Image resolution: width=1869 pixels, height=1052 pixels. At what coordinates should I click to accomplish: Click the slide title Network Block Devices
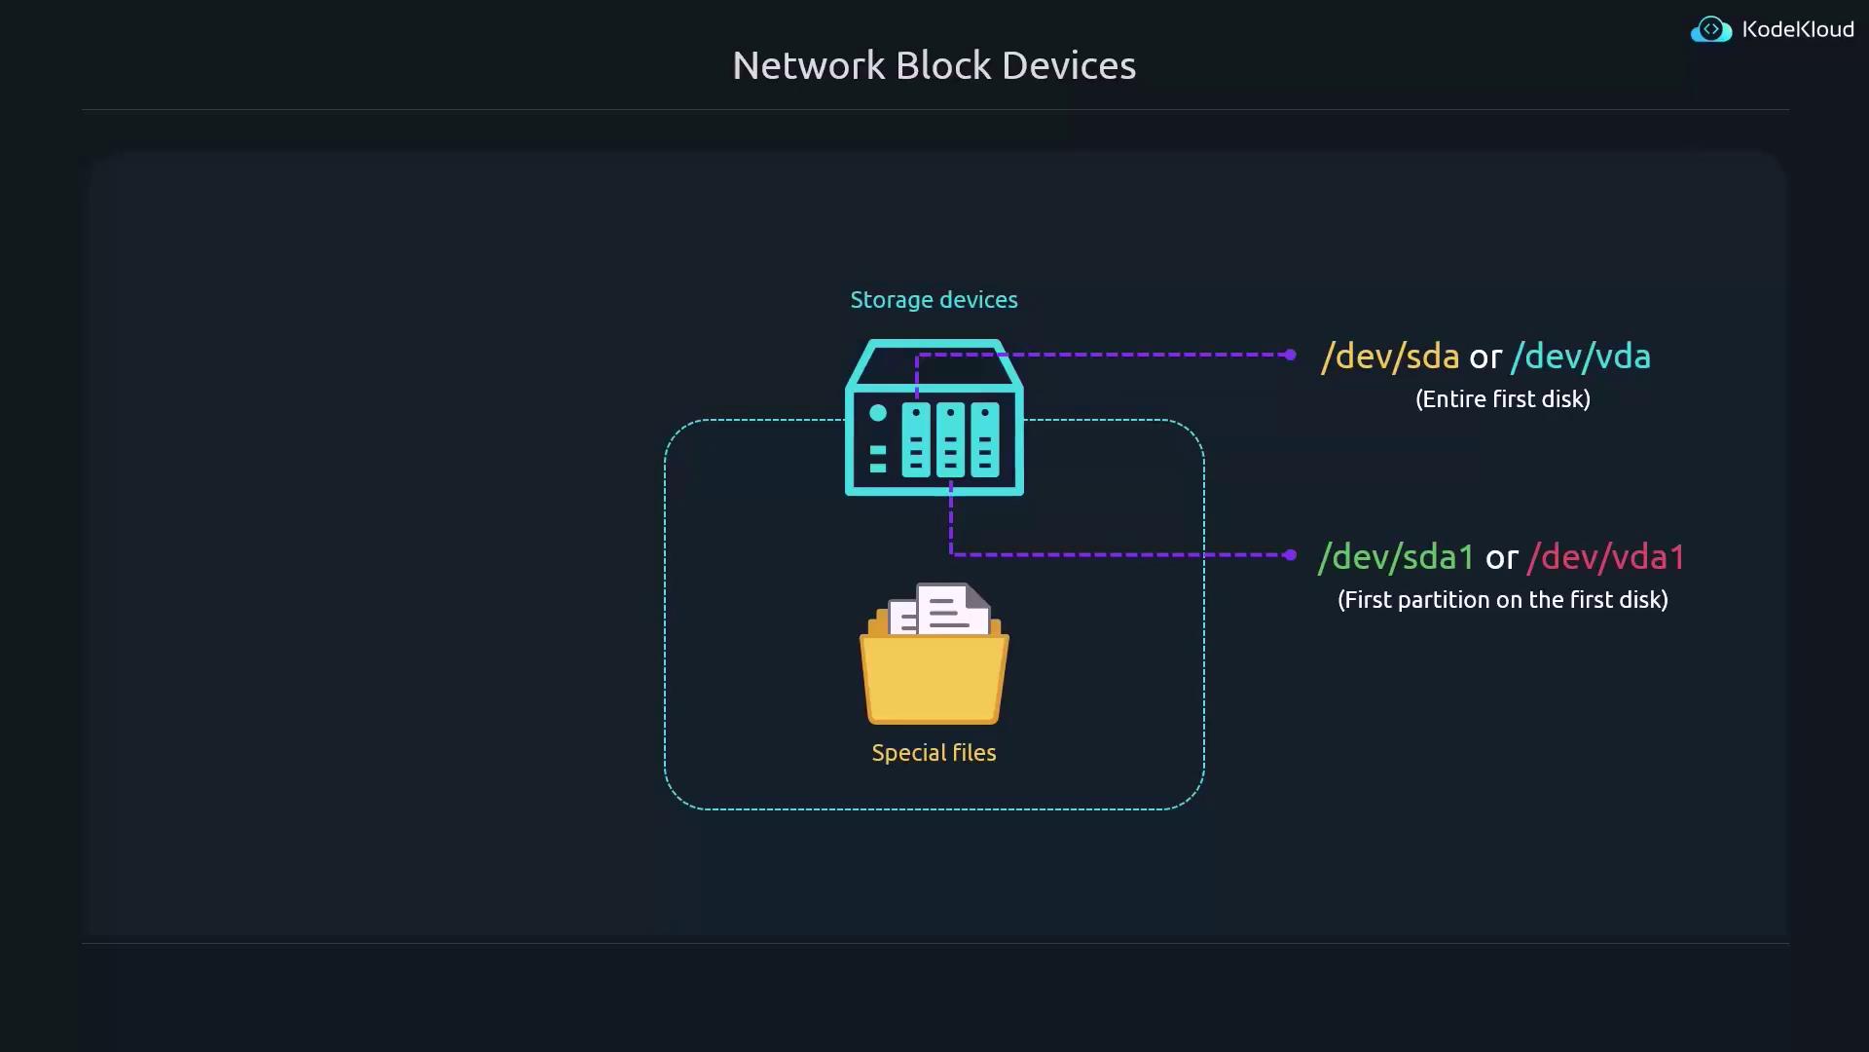click(934, 65)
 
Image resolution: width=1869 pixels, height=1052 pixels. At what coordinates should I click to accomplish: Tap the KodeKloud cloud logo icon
click(1710, 30)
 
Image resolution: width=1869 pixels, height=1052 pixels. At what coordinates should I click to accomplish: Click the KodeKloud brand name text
click(1797, 30)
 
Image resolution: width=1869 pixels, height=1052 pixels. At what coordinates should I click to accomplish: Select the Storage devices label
click(934, 300)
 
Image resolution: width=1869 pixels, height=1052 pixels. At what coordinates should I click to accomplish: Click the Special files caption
click(934, 753)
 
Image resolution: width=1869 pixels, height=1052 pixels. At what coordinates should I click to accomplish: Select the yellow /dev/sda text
click(1389, 357)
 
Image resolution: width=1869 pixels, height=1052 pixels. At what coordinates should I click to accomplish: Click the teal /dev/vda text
click(1580, 357)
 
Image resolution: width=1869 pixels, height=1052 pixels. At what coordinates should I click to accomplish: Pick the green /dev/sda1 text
click(1396, 557)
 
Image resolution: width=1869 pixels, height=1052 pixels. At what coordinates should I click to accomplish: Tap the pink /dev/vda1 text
click(1606, 557)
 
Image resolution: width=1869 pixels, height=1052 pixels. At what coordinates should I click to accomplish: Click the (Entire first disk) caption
click(1502, 399)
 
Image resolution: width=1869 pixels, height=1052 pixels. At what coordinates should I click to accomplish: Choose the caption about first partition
click(1502, 600)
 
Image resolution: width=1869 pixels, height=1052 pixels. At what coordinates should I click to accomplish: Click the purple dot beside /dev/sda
click(1290, 355)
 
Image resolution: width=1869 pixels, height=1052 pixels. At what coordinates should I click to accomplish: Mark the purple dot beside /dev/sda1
click(1290, 555)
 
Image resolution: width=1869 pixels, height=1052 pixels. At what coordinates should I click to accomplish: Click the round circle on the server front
click(878, 413)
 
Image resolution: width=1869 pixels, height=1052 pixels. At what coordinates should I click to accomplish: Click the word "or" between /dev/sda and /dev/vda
click(1484, 357)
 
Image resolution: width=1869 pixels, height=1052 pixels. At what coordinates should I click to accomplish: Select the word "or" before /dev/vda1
click(1501, 558)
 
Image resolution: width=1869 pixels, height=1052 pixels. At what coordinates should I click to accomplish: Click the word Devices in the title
click(1068, 65)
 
